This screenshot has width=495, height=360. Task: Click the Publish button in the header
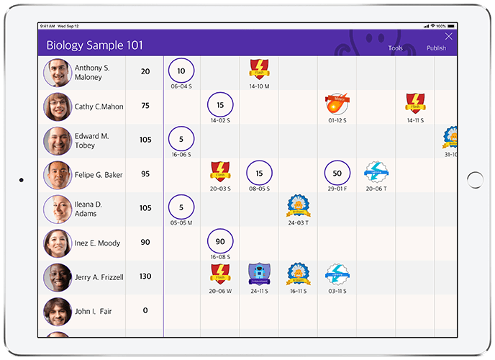[436, 48]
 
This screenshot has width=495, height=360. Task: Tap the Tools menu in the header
[396, 48]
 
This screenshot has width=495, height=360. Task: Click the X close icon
[449, 36]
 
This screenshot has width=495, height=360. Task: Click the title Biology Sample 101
[94, 45]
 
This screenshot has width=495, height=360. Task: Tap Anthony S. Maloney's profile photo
[57, 73]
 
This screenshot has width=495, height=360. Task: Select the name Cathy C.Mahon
[99, 107]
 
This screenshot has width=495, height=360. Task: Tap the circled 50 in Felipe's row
[337, 173]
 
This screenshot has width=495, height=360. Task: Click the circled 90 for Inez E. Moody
[220, 242]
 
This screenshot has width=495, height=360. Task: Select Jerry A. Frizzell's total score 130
[145, 276]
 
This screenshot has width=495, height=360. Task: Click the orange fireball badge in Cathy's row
[336, 104]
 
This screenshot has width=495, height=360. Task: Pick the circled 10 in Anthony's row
[181, 71]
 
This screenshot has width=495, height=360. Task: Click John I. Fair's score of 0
[145, 310]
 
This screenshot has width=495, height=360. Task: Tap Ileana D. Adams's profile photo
[57, 210]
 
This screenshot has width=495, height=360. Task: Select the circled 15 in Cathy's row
[220, 105]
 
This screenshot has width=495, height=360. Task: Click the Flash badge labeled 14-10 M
[259, 70]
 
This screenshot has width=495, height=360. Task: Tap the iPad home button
[475, 180]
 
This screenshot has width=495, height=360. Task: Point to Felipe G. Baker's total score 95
[145, 174]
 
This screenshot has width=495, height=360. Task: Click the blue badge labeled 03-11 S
[337, 274]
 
